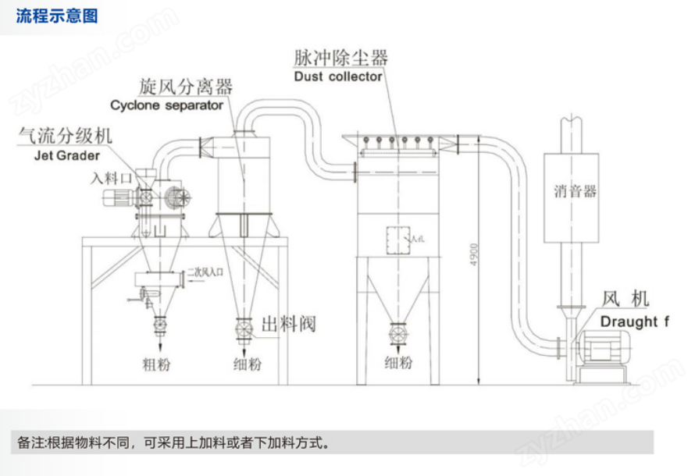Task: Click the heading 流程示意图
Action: click(57, 16)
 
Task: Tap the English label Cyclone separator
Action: click(166, 104)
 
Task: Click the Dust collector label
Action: click(338, 76)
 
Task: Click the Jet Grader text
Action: click(62, 154)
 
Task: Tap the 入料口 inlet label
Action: click(109, 178)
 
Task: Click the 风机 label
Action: click(625, 299)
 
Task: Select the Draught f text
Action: click(636, 321)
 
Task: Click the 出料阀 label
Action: click(288, 324)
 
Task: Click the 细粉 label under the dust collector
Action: click(399, 363)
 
